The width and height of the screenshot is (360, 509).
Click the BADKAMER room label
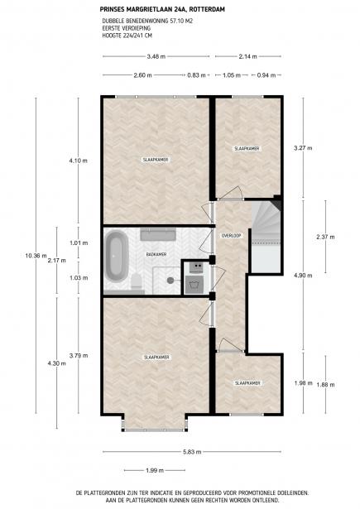coord(156,255)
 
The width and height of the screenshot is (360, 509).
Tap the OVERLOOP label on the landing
coord(231,236)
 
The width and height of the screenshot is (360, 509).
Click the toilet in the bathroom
coord(137,281)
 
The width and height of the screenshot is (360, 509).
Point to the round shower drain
coord(170,280)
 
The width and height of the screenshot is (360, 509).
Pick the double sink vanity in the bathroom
coord(158,234)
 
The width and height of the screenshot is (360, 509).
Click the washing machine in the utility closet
coord(194,285)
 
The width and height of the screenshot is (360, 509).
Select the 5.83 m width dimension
coord(192,452)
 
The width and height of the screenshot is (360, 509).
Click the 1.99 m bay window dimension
coord(155,470)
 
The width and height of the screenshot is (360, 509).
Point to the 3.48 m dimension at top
coord(156,56)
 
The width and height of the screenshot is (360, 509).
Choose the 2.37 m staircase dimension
coord(325,237)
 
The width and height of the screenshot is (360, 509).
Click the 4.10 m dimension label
coord(79,161)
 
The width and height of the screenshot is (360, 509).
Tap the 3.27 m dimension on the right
coord(303,148)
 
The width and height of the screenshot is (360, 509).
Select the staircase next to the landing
coord(266,237)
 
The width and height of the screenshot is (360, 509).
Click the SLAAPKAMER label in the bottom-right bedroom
coord(247,383)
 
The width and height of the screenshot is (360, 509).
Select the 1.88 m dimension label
coord(325,385)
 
